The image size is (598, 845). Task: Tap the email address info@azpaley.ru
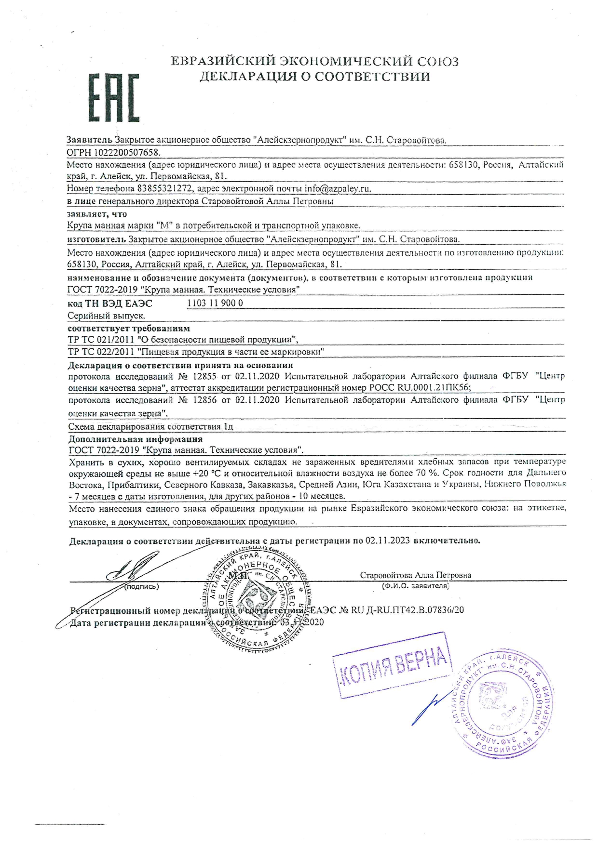338,188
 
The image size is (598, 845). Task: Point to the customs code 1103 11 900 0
215,303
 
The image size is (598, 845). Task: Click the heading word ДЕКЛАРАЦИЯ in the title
248,77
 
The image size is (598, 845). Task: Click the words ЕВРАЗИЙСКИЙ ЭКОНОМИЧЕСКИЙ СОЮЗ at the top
315,62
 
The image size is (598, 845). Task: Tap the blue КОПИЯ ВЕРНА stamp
393,665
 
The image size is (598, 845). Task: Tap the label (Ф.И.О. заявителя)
415,586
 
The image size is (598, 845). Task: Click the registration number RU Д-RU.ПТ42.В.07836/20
407,610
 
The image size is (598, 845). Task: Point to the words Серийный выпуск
107,316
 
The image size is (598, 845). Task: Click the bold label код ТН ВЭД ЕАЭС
110,304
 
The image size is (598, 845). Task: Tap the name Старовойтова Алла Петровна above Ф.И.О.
415,575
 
